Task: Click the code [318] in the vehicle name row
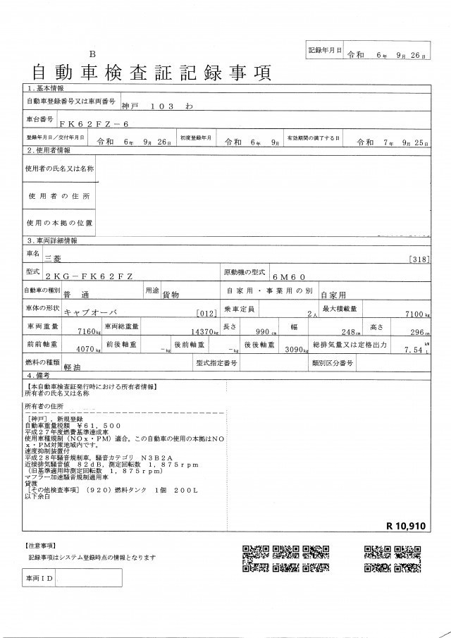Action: tap(419, 259)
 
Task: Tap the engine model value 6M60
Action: tap(288, 278)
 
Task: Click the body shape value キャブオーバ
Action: tap(88, 312)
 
